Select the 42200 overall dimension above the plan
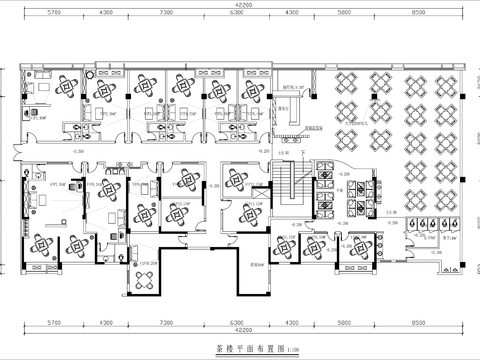tap(243, 5)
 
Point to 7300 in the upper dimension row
tap(141, 13)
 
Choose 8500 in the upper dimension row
tap(432, 13)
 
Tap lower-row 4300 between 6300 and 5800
tap(291, 324)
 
